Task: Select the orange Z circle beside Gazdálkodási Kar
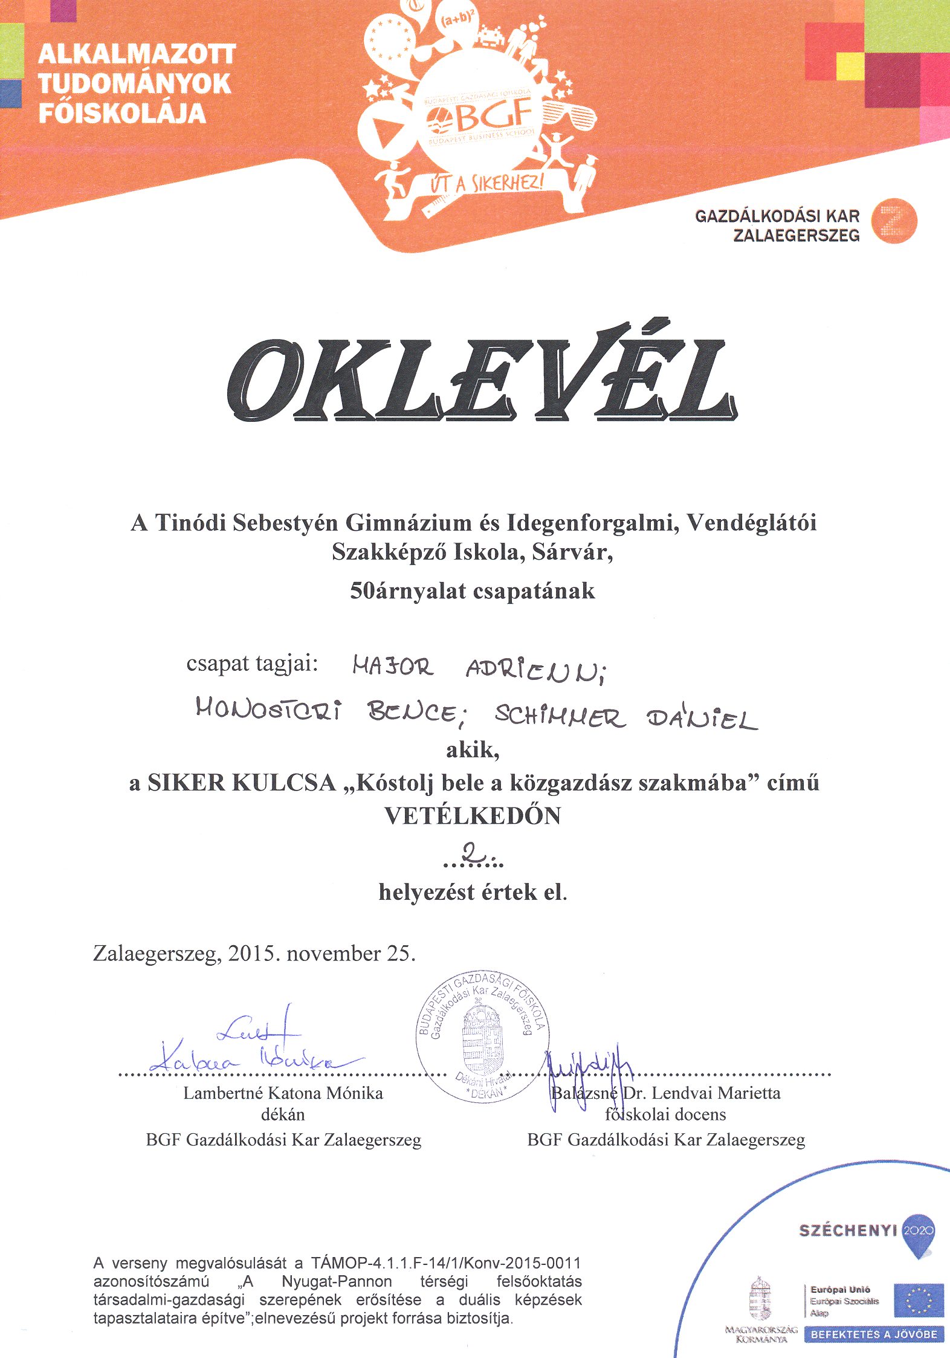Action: tap(895, 221)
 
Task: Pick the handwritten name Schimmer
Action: tap(560, 716)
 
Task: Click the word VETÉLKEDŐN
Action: tap(473, 816)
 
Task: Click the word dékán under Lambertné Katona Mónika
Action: tap(283, 1114)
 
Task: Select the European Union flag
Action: tap(919, 1301)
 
